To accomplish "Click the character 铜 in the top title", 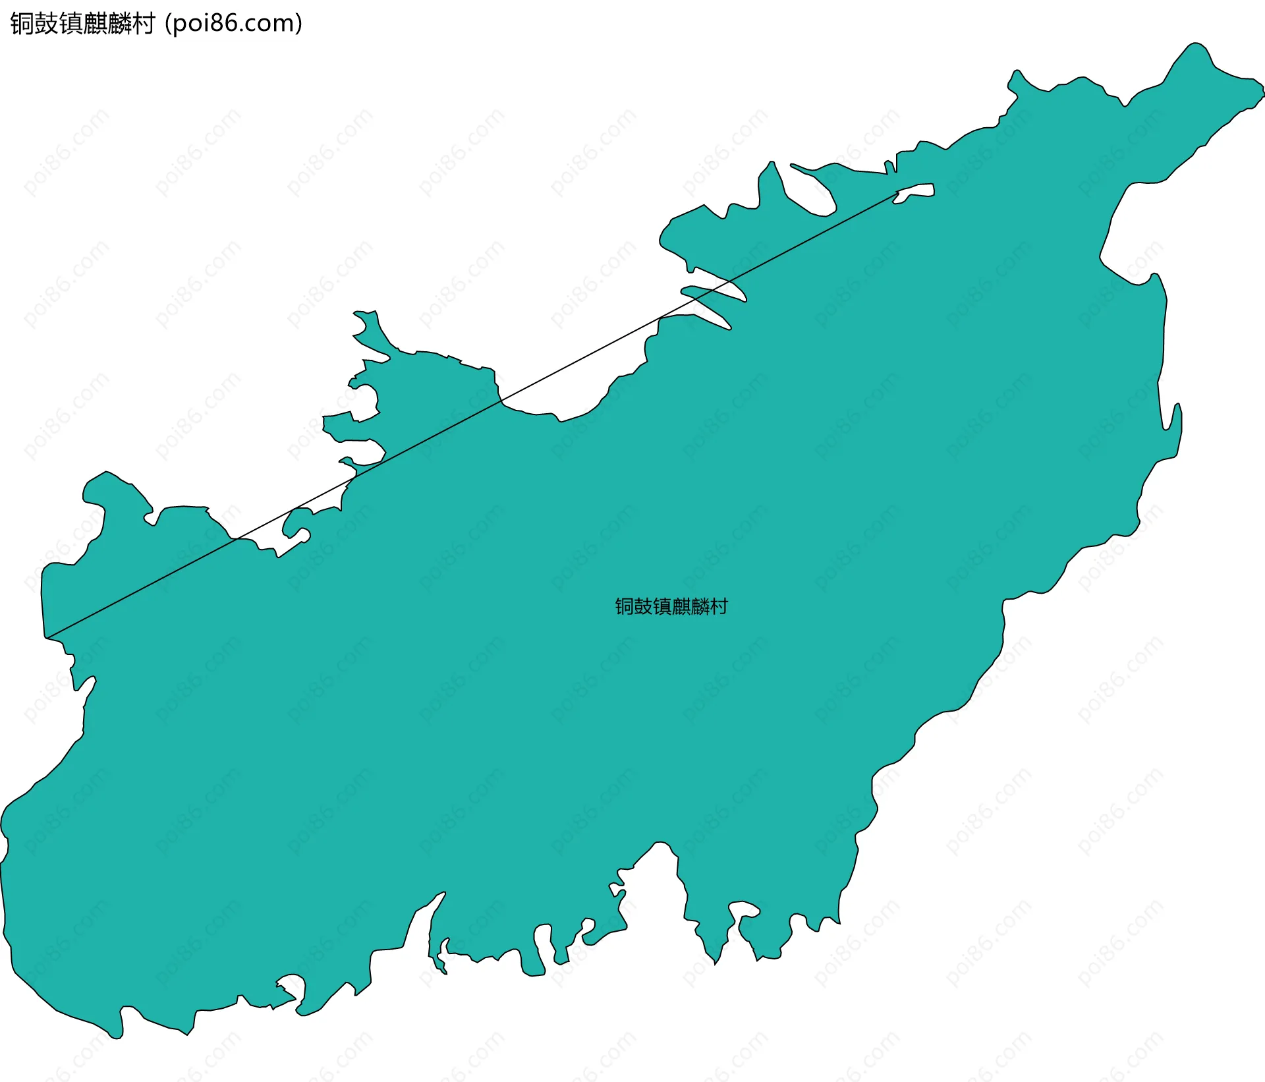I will pos(22,24).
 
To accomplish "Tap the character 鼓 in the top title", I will pos(46,24).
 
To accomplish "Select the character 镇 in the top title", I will pos(70,24).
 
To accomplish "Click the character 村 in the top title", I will pos(144,24).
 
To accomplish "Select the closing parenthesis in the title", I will pos(299,24).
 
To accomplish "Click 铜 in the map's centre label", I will pos(624,606).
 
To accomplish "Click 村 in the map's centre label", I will pos(719,606).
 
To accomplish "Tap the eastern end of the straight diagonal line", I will pos(899,192).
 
